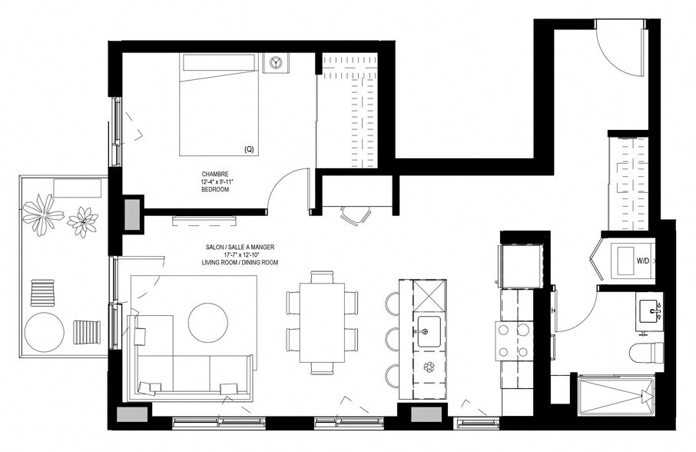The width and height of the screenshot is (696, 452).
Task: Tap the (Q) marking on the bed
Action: click(x=248, y=148)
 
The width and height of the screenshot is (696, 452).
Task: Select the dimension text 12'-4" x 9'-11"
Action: click(x=215, y=181)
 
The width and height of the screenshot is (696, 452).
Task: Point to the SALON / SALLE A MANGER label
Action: click(x=240, y=248)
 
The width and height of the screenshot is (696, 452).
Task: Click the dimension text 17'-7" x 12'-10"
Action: click(x=240, y=255)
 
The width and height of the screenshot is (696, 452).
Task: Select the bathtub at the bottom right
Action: click(x=615, y=396)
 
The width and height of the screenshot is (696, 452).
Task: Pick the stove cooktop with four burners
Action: click(x=514, y=340)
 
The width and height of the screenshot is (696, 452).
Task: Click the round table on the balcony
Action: click(x=45, y=331)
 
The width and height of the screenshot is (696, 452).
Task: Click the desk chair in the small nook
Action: click(x=354, y=216)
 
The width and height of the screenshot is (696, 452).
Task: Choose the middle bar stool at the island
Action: click(x=392, y=339)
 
